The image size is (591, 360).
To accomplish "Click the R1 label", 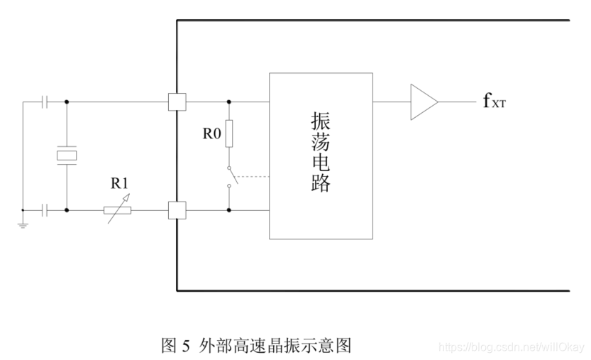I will [x=119, y=183].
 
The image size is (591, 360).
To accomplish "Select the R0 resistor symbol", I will [x=228, y=133].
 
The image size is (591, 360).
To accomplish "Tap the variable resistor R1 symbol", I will [x=117, y=210].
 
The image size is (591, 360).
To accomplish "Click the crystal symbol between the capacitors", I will [x=67, y=156].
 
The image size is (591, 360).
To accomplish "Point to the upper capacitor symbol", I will [x=45, y=102].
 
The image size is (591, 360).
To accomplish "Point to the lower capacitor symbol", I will [x=45, y=210].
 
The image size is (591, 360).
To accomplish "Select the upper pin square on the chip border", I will [x=177, y=102].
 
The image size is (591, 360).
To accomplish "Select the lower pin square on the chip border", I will [x=177, y=210].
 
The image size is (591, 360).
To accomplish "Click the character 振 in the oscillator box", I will [x=321, y=121].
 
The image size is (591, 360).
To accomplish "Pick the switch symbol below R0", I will [x=231, y=177].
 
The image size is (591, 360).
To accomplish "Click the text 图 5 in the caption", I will [x=176, y=346].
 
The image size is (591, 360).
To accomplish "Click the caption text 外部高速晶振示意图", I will [x=274, y=346].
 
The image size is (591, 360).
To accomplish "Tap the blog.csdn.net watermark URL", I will [x=510, y=347].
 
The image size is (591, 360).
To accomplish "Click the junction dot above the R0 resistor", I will [x=228, y=102].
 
